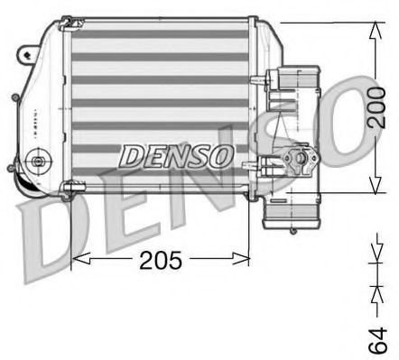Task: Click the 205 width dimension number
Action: click(x=162, y=261)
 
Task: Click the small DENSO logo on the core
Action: click(x=176, y=156)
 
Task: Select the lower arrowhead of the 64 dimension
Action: click(x=375, y=293)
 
